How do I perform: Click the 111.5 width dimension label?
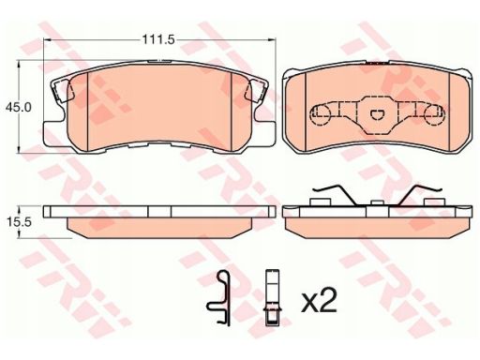point(158,39)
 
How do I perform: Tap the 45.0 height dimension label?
point(18,107)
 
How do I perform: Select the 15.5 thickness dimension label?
point(19,222)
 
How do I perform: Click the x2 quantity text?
point(319,301)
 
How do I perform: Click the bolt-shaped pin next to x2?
point(272,297)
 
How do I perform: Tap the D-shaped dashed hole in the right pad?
point(378,115)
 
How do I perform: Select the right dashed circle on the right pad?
point(435,115)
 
